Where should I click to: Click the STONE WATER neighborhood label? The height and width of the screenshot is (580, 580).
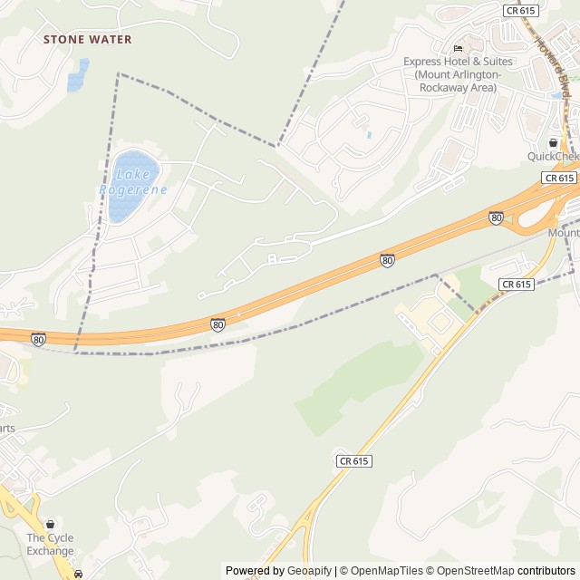tap(88, 40)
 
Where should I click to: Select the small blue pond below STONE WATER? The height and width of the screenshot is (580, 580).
tap(78, 75)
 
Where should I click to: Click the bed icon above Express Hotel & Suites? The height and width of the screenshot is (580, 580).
tap(458, 48)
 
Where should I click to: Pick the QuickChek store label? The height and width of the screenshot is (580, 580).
tap(553, 157)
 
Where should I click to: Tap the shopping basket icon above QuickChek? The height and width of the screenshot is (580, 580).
tap(553, 142)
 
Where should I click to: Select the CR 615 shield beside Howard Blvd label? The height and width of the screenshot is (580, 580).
tap(519, 10)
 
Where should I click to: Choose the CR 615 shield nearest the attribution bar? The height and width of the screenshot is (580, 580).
tap(354, 460)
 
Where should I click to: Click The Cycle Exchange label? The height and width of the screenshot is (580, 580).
tap(50, 545)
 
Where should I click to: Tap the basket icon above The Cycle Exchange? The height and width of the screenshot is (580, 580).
tap(50, 525)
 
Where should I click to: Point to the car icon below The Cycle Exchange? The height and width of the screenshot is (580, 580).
tap(79, 574)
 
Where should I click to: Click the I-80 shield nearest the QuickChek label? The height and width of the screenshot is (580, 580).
tap(496, 217)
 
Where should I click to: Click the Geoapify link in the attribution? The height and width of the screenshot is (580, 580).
tap(310, 571)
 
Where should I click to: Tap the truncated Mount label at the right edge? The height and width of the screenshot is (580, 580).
tap(563, 233)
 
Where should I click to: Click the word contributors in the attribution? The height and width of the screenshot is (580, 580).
tap(546, 571)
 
